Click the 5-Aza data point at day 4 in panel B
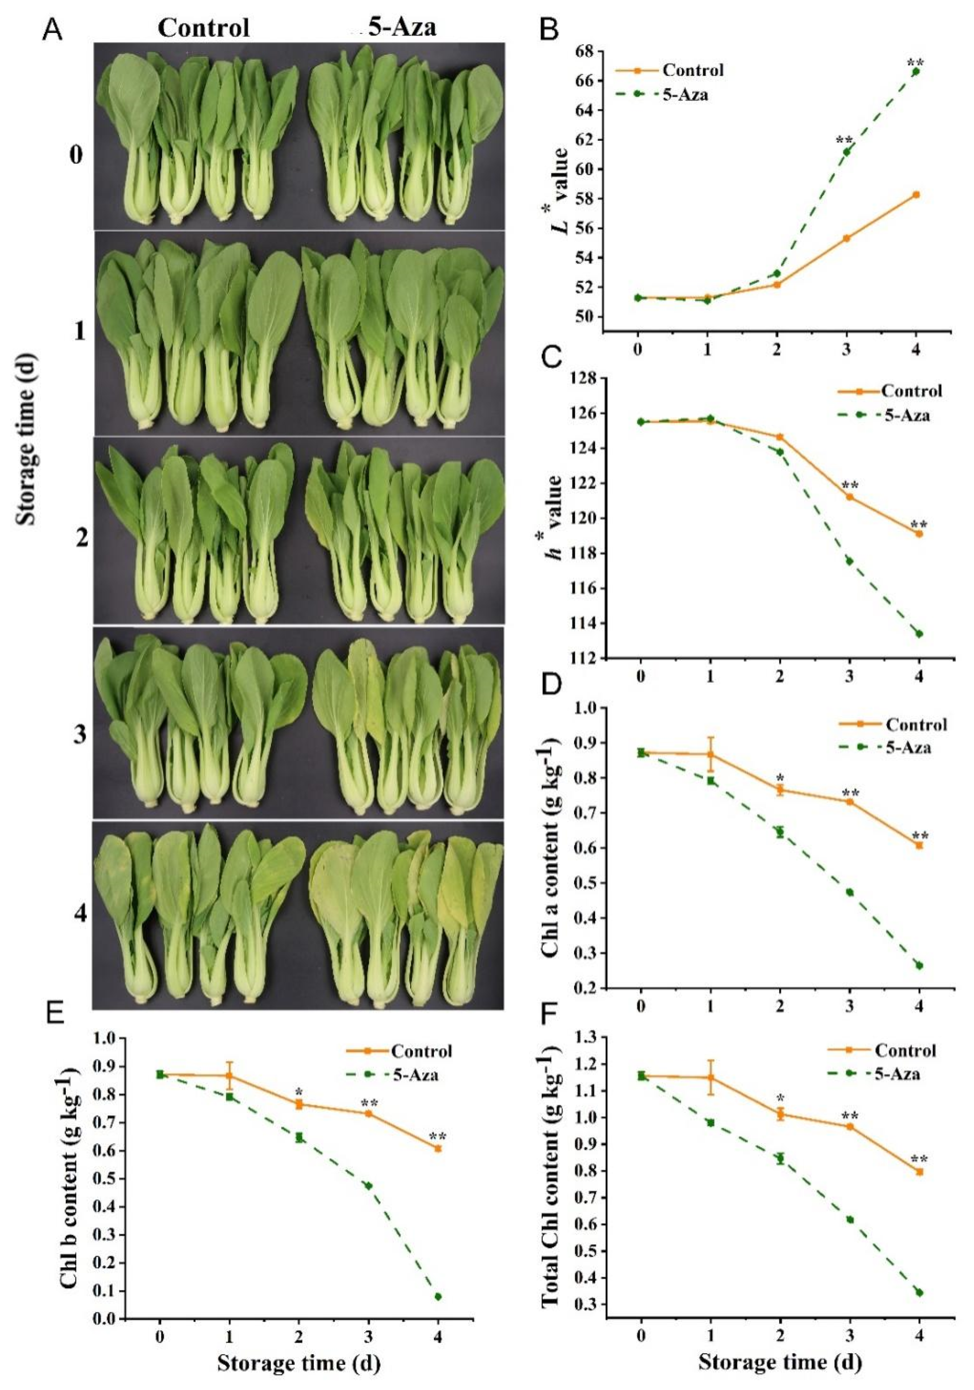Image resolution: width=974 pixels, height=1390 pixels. (x=916, y=71)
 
